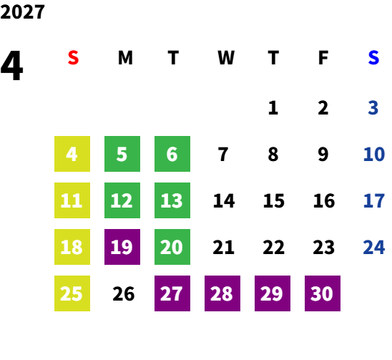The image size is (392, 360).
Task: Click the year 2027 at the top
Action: click(x=22, y=12)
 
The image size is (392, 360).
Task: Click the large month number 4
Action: click(x=11, y=66)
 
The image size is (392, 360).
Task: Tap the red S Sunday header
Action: click(x=73, y=58)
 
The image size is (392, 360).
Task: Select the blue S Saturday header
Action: click(x=373, y=58)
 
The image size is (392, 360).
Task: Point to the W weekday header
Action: click(x=226, y=58)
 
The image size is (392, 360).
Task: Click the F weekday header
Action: click(x=323, y=58)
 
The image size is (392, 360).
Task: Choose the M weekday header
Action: click(x=125, y=58)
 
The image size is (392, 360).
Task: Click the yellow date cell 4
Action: click(x=72, y=154)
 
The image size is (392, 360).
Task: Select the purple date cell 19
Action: click(x=122, y=247)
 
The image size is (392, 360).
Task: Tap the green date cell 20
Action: click(x=172, y=247)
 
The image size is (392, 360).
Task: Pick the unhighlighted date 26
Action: click(x=124, y=293)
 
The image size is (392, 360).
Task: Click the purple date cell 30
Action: click(x=323, y=293)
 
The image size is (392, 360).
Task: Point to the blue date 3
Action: click(x=373, y=108)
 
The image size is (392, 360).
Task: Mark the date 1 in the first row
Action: click(x=273, y=108)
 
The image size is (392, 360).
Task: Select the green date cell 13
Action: click(x=172, y=200)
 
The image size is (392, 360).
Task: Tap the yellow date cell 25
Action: click(x=72, y=293)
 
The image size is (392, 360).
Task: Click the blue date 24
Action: click(x=373, y=247)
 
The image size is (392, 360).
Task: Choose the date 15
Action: click(x=274, y=200)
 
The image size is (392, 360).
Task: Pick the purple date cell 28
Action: click(x=222, y=293)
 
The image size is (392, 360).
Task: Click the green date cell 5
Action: click(x=122, y=154)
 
